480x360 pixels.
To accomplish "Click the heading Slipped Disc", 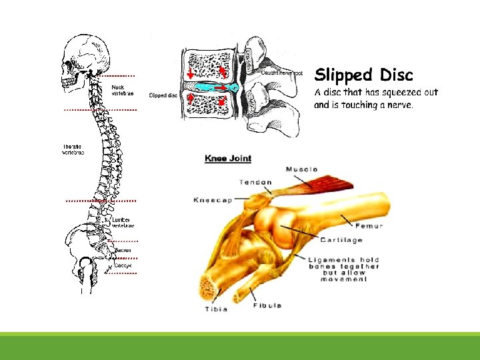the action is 363,75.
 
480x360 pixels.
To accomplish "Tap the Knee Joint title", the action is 228,158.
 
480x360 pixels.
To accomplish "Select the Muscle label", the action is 301,169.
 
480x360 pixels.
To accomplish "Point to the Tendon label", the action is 255,182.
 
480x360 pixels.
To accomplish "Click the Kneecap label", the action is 213,199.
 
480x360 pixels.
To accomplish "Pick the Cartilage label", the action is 341,240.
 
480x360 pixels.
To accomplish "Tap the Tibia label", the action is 216,309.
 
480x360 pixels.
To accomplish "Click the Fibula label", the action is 267,305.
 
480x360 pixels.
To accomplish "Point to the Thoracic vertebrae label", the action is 73,149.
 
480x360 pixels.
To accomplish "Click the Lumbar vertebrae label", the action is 123,222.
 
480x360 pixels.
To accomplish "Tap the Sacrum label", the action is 124,251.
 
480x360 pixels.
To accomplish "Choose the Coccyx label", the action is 123,265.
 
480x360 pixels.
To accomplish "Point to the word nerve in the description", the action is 398,105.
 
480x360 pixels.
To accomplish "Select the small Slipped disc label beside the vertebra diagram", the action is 163,95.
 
